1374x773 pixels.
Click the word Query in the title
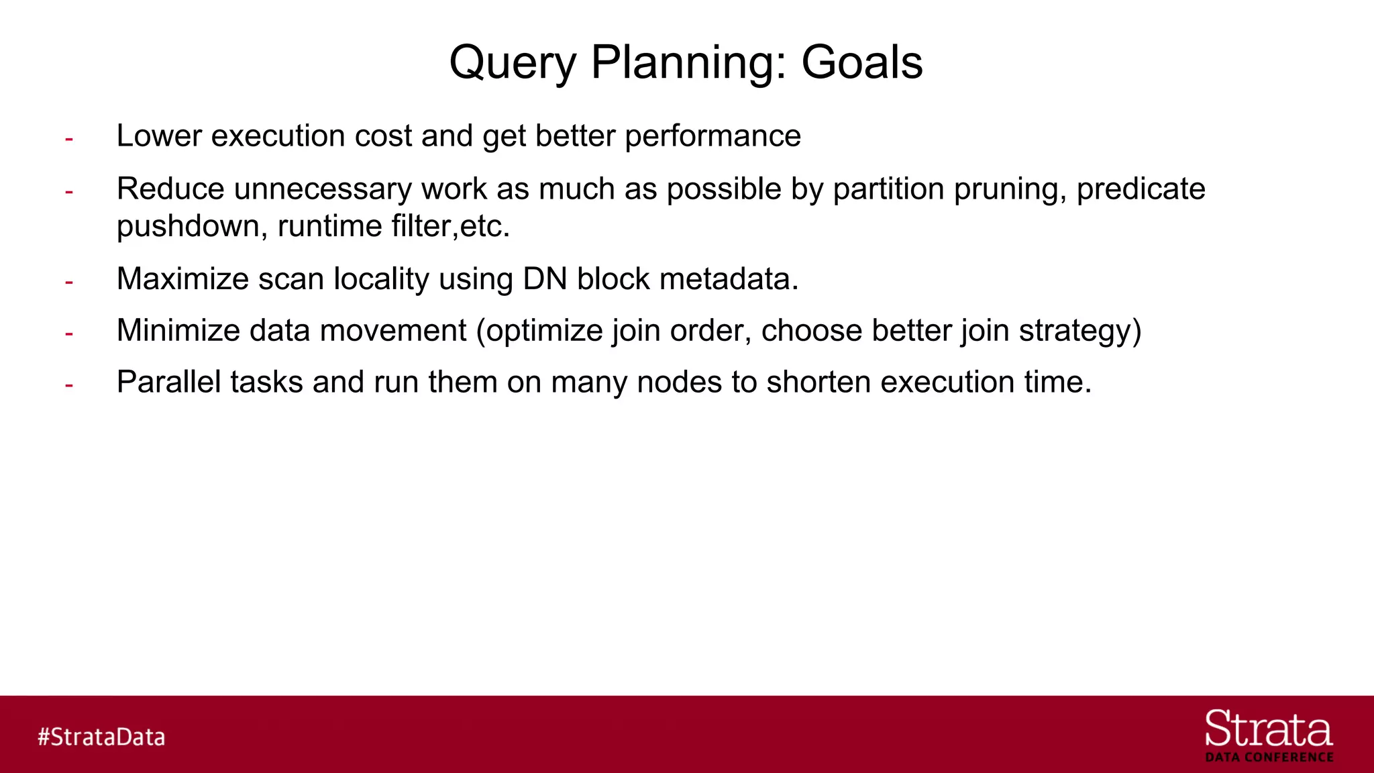pos(513,62)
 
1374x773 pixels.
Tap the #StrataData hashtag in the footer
pos(101,737)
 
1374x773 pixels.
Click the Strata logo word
pos(1268,729)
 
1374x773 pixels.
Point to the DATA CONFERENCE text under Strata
pos(1269,758)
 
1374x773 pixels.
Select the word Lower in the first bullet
pos(159,136)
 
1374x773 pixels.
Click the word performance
pos(712,136)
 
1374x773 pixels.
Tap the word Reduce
pos(170,189)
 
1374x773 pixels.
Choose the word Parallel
pos(168,382)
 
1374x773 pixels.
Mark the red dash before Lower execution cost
pos(68,139)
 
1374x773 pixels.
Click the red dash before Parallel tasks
pos(68,385)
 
